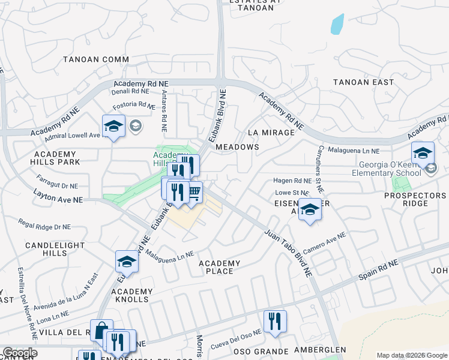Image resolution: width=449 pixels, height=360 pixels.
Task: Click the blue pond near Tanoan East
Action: pyautogui.click(x=337, y=23)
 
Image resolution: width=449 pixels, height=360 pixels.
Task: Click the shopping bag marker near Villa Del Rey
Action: pyautogui.click(x=100, y=329)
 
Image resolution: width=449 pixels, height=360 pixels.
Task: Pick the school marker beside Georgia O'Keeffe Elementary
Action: pyautogui.click(x=423, y=153)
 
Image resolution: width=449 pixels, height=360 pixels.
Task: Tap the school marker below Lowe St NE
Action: pyautogui.click(x=310, y=210)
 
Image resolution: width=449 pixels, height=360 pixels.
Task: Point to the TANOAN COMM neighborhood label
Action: pyautogui.click(x=96, y=59)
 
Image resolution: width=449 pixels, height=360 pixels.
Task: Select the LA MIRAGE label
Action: pyautogui.click(x=271, y=132)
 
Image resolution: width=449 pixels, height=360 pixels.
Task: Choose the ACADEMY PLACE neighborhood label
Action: pyautogui.click(x=219, y=267)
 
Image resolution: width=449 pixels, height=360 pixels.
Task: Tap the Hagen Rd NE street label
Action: pyautogui.click(x=292, y=181)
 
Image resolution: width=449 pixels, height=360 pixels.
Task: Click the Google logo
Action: pyautogui.click(x=19, y=353)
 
